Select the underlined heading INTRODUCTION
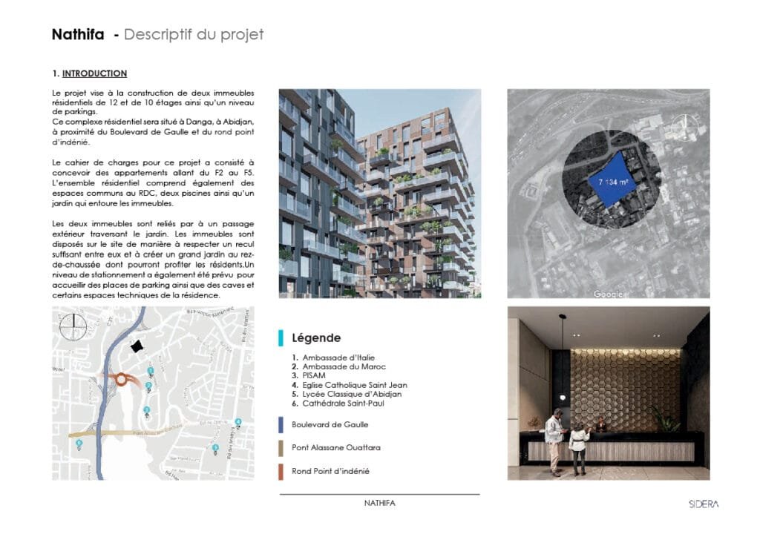94,74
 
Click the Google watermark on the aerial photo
609,294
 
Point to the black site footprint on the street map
135,346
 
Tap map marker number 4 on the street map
238,423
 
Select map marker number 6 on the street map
79,444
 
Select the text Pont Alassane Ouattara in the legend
335,448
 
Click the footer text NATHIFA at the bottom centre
379,504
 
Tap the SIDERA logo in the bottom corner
702,504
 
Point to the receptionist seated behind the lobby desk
599,424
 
